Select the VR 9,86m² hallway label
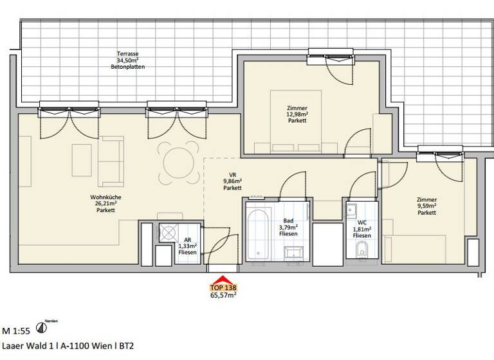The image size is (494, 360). (232, 183)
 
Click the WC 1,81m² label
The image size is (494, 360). (361, 230)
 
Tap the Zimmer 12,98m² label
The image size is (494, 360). (297, 114)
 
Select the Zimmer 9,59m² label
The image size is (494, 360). (426, 206)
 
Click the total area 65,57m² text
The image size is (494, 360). (221, 296)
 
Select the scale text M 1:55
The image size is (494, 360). (16, 332)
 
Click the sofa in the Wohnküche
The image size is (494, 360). (114, 161)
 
